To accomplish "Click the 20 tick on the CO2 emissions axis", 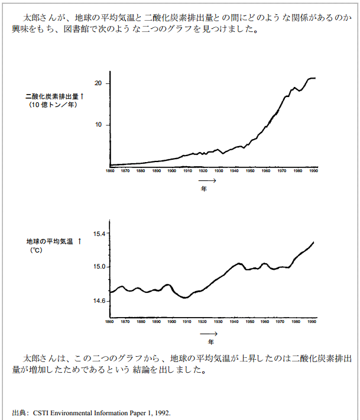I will [98, 83].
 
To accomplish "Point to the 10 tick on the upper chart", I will [98, 125].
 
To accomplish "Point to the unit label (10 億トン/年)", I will [52, 105].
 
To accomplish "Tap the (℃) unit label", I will [36, 251].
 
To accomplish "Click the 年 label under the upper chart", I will [203, 190].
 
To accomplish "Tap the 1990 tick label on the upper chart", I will [314, 171].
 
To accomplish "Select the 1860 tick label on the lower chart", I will [110, 322].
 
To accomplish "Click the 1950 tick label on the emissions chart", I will [251, 171].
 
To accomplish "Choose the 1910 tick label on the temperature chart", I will [187, 322].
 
